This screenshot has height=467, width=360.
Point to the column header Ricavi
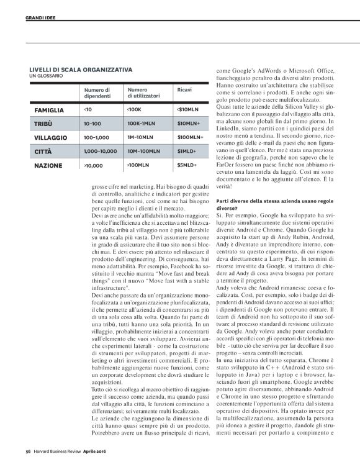coord(184,90)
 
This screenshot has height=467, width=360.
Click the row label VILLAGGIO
coord(51,138)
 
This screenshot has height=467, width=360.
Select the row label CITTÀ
coord(43,152)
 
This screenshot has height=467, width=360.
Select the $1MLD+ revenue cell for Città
coord(187,152)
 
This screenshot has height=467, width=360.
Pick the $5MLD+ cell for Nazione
coord(187,166)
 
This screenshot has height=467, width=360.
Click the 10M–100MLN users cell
coord(146,152)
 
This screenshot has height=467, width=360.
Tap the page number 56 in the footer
coord(28,451)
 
